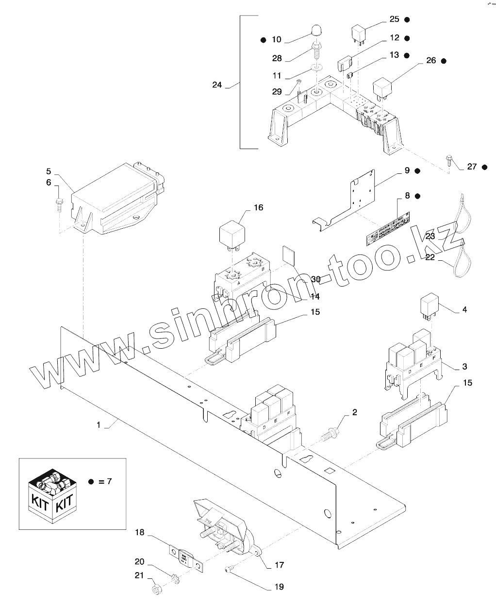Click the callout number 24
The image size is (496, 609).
point(217,85)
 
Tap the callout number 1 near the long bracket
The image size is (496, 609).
point(99,424)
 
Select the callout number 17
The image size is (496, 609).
point(279,565)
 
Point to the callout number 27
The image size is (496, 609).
point(472,167)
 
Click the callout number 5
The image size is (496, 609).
point(49,171)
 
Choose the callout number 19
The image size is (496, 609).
point(279,587)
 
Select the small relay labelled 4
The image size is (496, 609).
point(429,307)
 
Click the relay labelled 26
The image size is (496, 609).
point(382,88)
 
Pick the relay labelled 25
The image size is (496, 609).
point(359,34)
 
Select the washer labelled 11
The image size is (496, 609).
point(317,67)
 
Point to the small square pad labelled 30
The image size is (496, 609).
point(289,255)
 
